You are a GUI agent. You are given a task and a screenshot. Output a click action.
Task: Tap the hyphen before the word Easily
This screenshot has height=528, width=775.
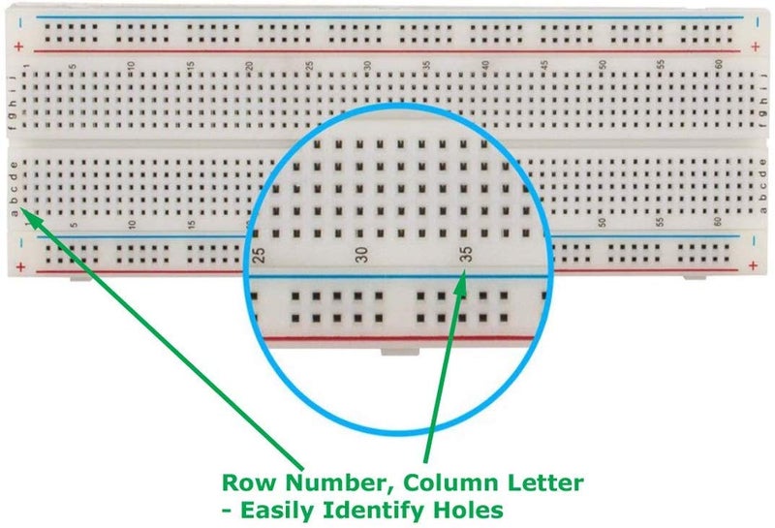click(x=227, y=508)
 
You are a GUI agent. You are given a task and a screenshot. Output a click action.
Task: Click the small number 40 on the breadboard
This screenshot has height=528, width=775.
click(x=485, y=65)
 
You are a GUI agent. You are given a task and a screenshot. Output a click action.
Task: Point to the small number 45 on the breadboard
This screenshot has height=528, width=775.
click(x=544, y=65)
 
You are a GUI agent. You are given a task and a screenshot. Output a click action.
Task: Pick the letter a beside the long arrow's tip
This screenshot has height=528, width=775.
click(x=13, y=212)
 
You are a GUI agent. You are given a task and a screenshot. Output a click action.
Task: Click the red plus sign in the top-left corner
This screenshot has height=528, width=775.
click(x=18, y=47)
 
